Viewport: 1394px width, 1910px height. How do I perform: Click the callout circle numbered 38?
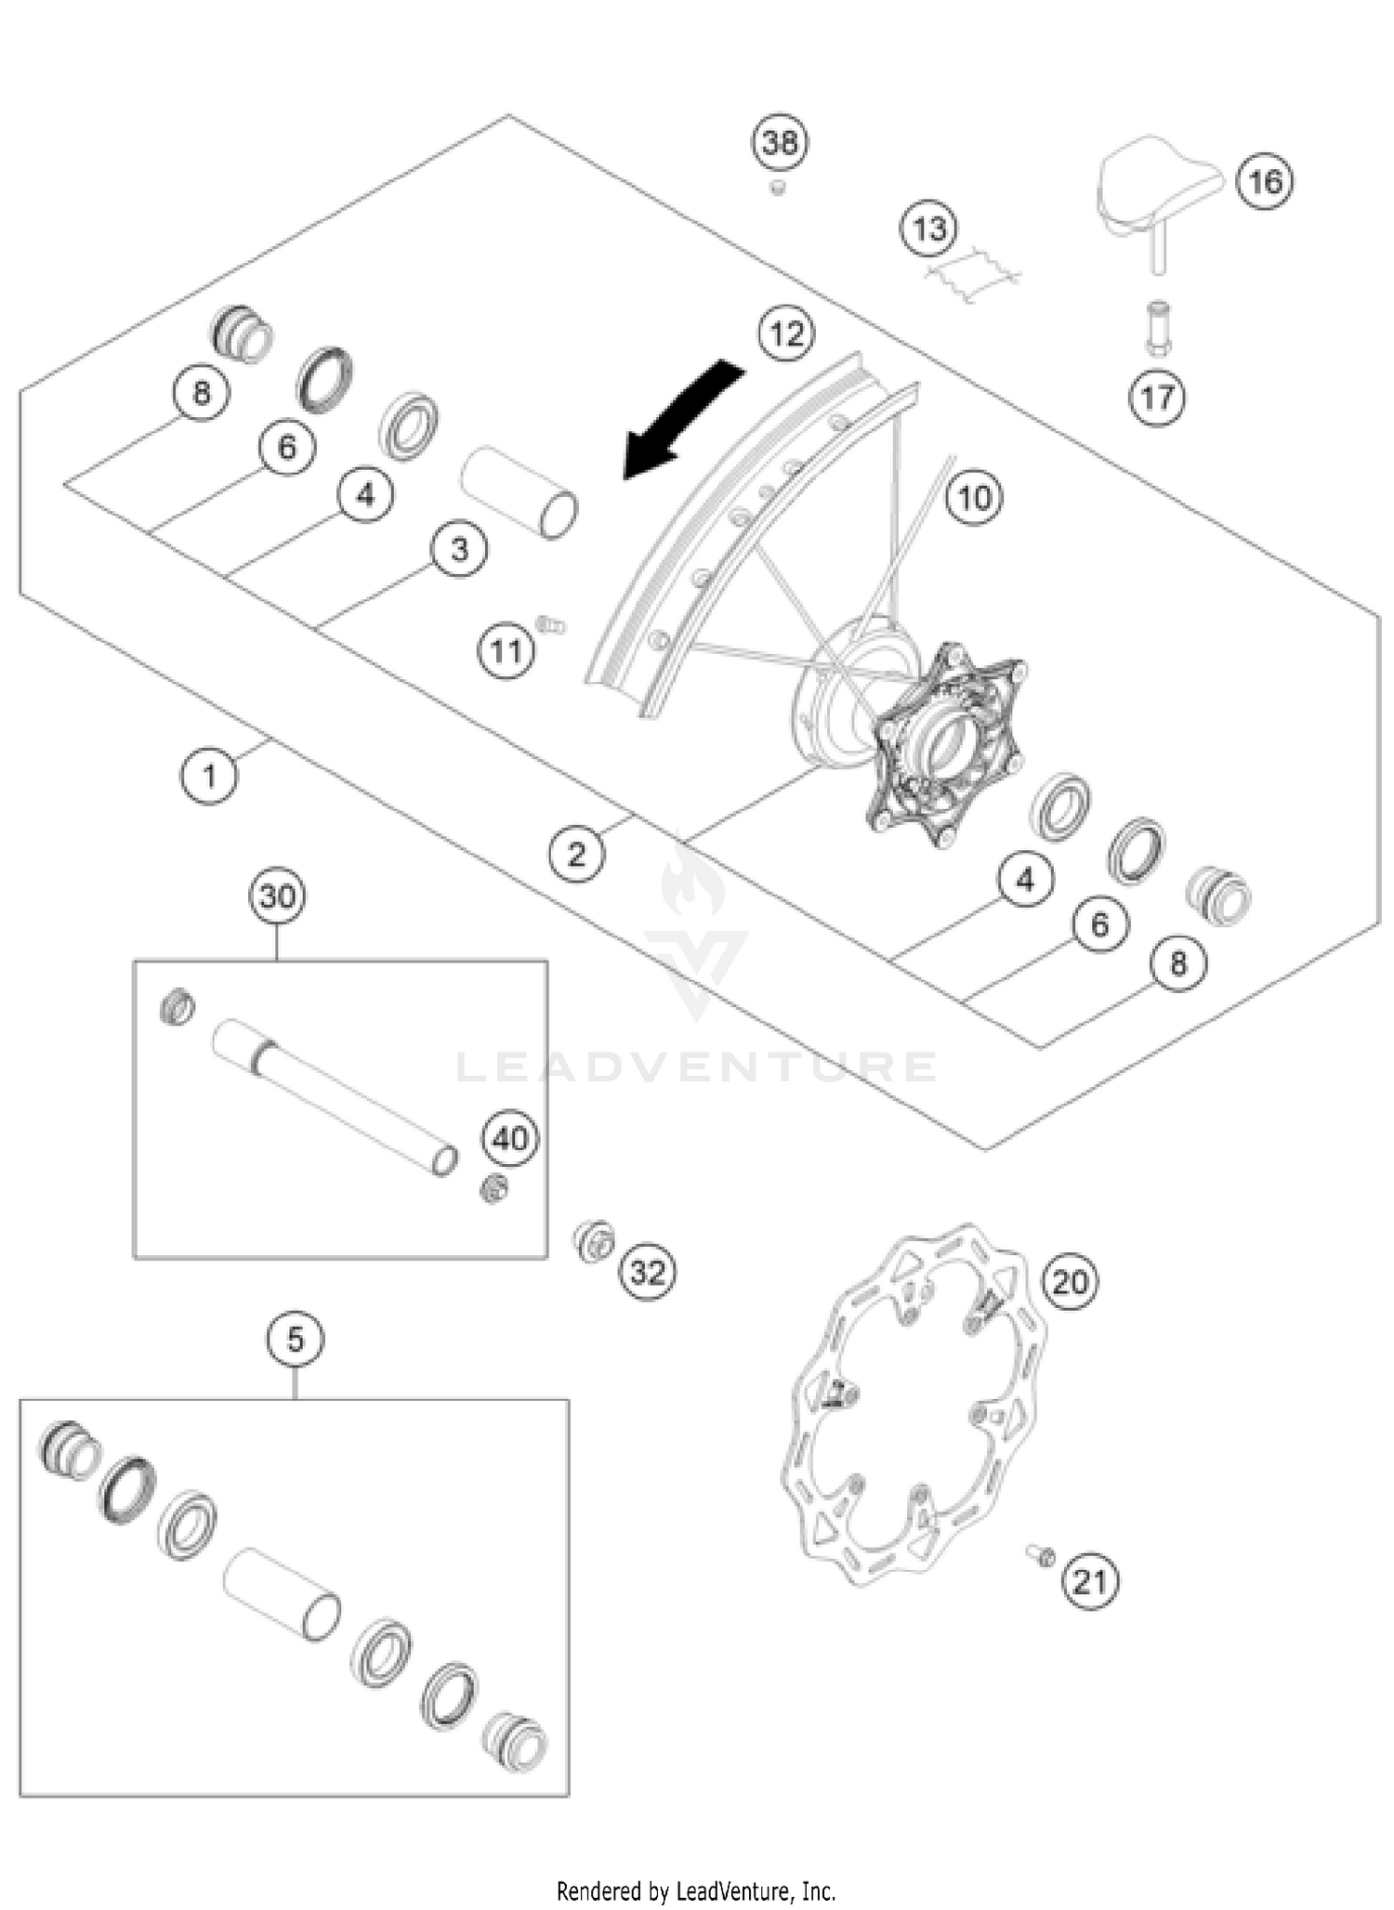tap(780, 143)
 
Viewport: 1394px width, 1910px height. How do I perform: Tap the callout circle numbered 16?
tap(1265, 181)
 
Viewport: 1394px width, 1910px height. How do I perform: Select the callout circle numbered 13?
tap(930, 229)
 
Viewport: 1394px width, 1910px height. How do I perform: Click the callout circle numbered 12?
tap(786, 334)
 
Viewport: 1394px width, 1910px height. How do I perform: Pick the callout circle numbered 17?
tap(1157, 398)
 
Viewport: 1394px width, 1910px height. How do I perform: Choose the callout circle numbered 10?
tap(974, 498)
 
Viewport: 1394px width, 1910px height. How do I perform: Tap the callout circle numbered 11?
tap(506, 650)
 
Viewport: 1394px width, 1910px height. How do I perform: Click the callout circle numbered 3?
tap(459, 550)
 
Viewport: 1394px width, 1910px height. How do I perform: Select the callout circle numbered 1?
tap(209, 775)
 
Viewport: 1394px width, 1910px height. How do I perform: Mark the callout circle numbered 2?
tap(576, 854)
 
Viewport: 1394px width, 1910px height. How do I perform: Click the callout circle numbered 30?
tap(278, 896)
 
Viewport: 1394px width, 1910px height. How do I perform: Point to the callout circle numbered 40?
tap(510, 1138)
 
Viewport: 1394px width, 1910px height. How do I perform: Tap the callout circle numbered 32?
tap(648, 1272)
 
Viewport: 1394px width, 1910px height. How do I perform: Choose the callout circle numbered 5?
tap(295, 1340)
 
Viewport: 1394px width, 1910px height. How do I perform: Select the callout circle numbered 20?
tap(1070, 1282)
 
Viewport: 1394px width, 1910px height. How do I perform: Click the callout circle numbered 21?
tap(1089, 1580)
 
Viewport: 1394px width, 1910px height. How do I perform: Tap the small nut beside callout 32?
tap(593, 1241)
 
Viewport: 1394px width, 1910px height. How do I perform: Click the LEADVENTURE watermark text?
tap(697, 1066)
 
